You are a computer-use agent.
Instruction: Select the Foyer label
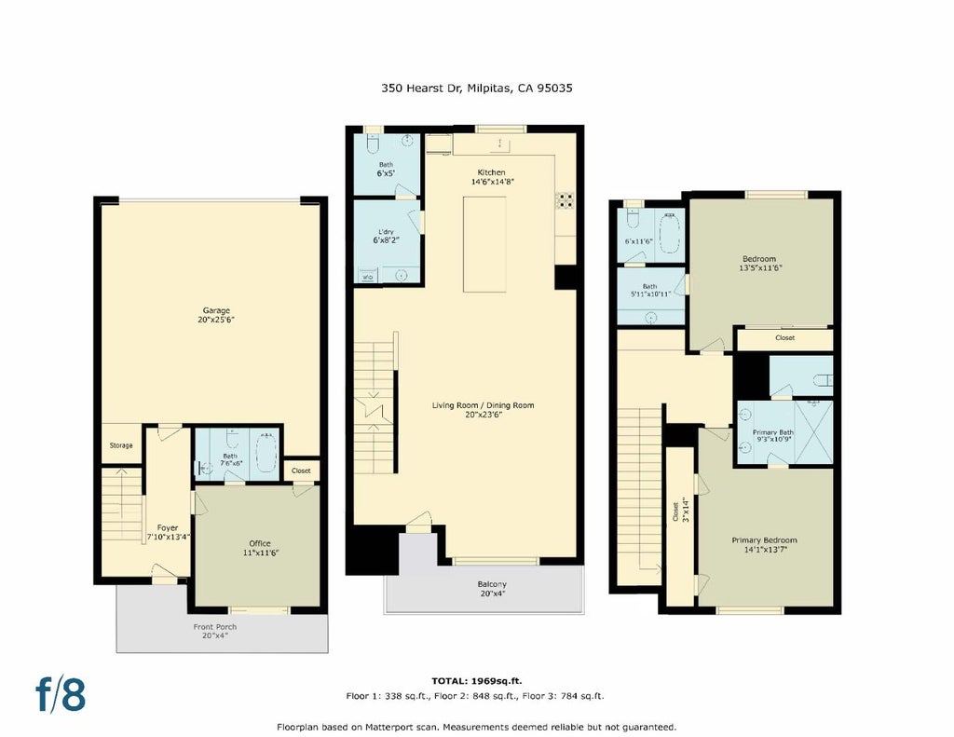click(168, 527)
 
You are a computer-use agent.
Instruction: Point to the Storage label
click(121, 445)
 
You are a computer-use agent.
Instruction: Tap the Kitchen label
click(491, 172)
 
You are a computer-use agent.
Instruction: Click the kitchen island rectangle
click(484, 244)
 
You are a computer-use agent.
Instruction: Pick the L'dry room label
click(386, 232)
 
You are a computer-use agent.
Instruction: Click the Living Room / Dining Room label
click(484, 405)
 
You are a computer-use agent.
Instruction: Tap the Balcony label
click(492, 584)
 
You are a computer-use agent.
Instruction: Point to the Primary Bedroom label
click(764, 539)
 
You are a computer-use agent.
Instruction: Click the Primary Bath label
click(773, 432)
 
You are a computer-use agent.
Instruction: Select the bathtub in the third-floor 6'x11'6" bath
click(670, 233)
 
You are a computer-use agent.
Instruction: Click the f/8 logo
click(61, 694)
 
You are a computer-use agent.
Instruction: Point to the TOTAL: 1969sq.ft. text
click(476, 681)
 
